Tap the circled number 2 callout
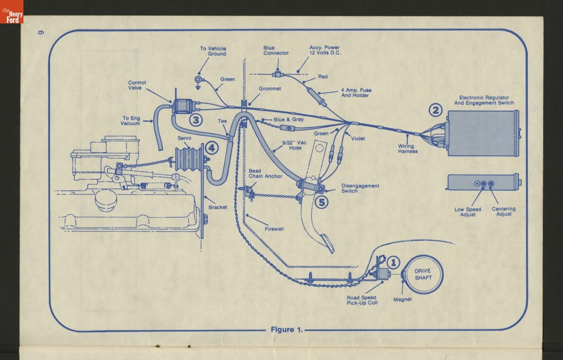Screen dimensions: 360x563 pyautogui.click(x=436, y=110)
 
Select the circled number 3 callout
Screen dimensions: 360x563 pyautogui.click(x=196, y=120)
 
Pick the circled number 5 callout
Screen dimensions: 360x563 pyautogui.click(x=321, y=202)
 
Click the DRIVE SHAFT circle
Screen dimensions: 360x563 pyautogui.click(x=423, y=274)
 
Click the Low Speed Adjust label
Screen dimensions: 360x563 pyautogui.click(x=467, y=212)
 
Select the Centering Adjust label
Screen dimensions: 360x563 pyautogui.click(x=503, y=211)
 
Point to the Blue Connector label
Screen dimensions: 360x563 pyautogui.click(x=276, y=51)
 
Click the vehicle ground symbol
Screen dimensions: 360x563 pyautogui.click(x=199, y=81)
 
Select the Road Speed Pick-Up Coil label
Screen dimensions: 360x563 pyautogui.click(x=362, y=300)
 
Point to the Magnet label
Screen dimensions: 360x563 pyautogui.click(x=402, y=299)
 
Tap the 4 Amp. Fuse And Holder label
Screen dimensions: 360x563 pyautogui.click(x=355, y=93)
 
